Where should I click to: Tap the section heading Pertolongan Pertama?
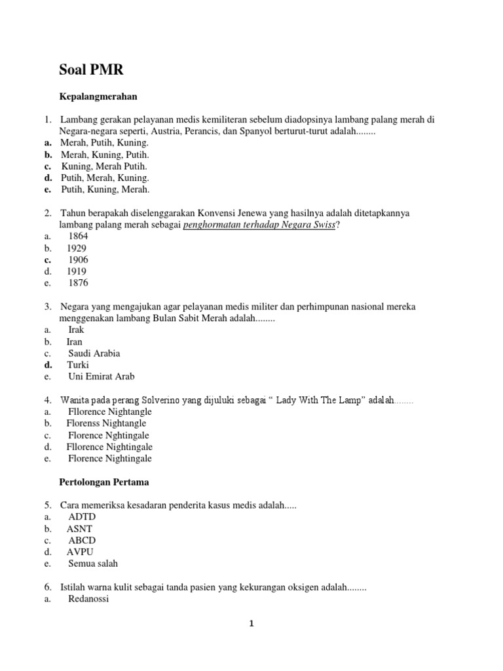coord(104,482)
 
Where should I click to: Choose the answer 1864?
coord(78,236)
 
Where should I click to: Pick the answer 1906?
coord(78,259)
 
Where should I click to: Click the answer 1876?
coord(78,283)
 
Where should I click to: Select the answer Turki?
coord(78,365)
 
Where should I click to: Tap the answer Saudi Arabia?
coord(94,353)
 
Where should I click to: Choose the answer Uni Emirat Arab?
coord(102,377)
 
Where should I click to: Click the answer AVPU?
coord(81,552)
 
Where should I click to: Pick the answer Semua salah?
coord(93,564)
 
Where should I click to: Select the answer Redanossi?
coord(88,599)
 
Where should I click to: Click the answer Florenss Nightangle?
coord(106,423)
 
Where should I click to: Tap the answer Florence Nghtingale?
coord(108,435)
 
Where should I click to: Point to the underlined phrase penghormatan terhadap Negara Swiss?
coord(259,225)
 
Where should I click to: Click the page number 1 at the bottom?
coord(251,624)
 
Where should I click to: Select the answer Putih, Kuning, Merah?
coord(105,189)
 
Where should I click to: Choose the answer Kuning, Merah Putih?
coord(105,166)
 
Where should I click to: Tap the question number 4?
coord(48,400)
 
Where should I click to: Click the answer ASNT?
coord(80,529)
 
